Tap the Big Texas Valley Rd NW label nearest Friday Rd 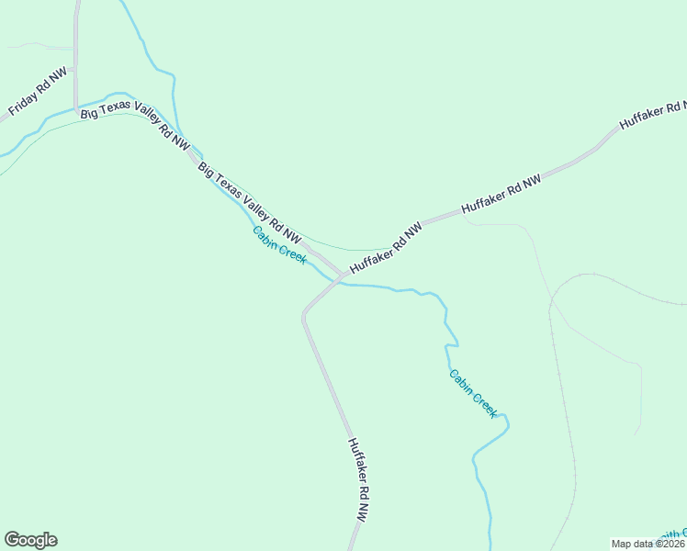point(135,128)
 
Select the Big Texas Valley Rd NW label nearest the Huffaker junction point(249,205)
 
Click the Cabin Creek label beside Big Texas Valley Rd point(279,244)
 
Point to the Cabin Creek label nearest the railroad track point(473,393)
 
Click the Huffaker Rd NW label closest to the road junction point(386,246)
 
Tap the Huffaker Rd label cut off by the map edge point(653,112)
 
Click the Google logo point(30,540)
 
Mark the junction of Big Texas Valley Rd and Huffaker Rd point(342,274)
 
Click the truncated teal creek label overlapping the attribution point(672,534)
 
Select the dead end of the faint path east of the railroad point(636,433)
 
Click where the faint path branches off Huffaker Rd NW point(467,220)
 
